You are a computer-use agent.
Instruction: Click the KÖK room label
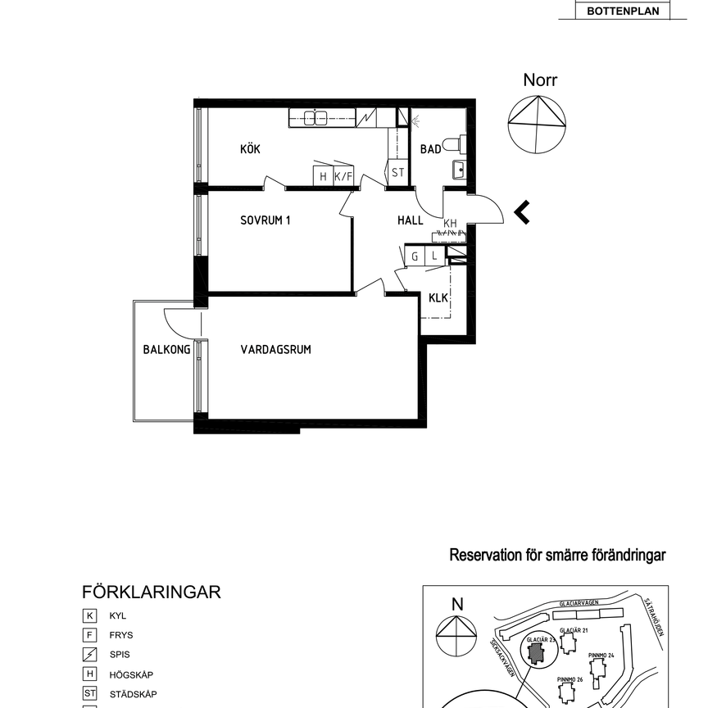pyautogui.click(x=250, y=149)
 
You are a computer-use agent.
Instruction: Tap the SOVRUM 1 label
pyautogui.click(x=265, y=220)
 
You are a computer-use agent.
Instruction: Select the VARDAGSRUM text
pyautogui.click(x=275, y=350)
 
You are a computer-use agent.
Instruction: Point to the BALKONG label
pyautogui.click(x=166, y=350)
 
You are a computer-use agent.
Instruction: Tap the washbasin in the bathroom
pyautogui.click(x=458, y=170)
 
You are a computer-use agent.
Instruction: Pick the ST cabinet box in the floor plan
pyautogui.click(x=397, y=173)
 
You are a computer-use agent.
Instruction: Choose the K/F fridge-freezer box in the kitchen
pyautogui.click(x=344, y=175)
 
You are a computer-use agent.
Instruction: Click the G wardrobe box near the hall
pyautogui.click(x=415, y=256)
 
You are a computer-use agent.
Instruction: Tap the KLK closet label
pyautogui.click(x=438, y=297)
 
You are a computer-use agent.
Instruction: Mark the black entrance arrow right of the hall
pyautogui.click(x=521, y=213)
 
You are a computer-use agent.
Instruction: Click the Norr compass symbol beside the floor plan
pyautogui.click(x=537, y=123)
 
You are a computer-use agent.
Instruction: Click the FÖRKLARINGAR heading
pyautogui.click(x=152, y=592)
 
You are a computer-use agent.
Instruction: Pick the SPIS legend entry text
pyautogui.click(x=120, y=655)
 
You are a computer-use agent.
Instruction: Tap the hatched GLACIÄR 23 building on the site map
pyautogui.click(x=536, y=653)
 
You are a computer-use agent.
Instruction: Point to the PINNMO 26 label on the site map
pyautogui.click(x=569, y=680)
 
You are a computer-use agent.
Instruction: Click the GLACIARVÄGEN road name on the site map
pyautogui.click(x=578, y=602)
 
